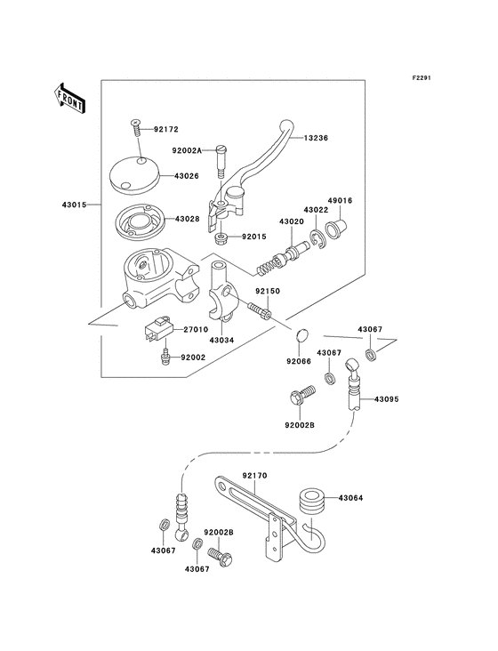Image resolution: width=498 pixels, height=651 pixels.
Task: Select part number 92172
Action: (166, 130)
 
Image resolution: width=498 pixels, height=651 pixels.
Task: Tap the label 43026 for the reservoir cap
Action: (188, 176)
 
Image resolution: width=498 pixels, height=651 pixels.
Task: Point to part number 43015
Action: (74, 205)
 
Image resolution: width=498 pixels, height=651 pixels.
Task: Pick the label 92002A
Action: (189, 150)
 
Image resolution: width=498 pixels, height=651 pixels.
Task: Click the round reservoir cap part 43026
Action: (133, 173)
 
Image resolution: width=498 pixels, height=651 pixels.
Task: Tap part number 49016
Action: (341, 201)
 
